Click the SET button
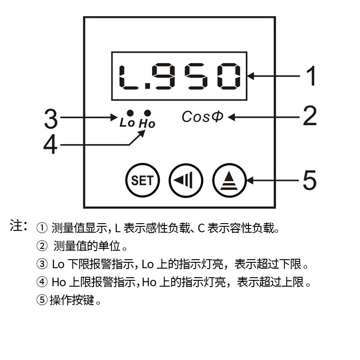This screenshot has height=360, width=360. [x=143, y=180]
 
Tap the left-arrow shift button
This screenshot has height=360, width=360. [x=186, y=180]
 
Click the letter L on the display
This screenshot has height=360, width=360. [x=128, y=77]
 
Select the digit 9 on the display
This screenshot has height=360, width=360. [x=163, y=76]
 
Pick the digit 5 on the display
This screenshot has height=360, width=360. [x=196, y=76]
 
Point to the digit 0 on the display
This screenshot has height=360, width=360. [x=229, y=76]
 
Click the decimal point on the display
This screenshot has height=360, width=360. [x=148, y=86]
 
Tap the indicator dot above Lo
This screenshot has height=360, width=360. [x=130, y=113]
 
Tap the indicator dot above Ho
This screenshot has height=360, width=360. [x=148, y=113]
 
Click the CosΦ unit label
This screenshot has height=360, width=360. [x=202, y=117]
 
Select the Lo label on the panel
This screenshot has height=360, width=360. [x=127, y=122]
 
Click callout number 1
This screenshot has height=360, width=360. [x=311, y=76]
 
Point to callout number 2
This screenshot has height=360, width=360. [x=310, y=116]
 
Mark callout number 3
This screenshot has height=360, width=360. [x=51, y=118]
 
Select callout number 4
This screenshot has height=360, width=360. [x=50, y=144]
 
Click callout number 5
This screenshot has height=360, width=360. [x=310, y=180]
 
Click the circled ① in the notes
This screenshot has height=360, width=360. [x=42, y=228]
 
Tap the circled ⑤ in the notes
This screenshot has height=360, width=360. [x=42, y=300]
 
